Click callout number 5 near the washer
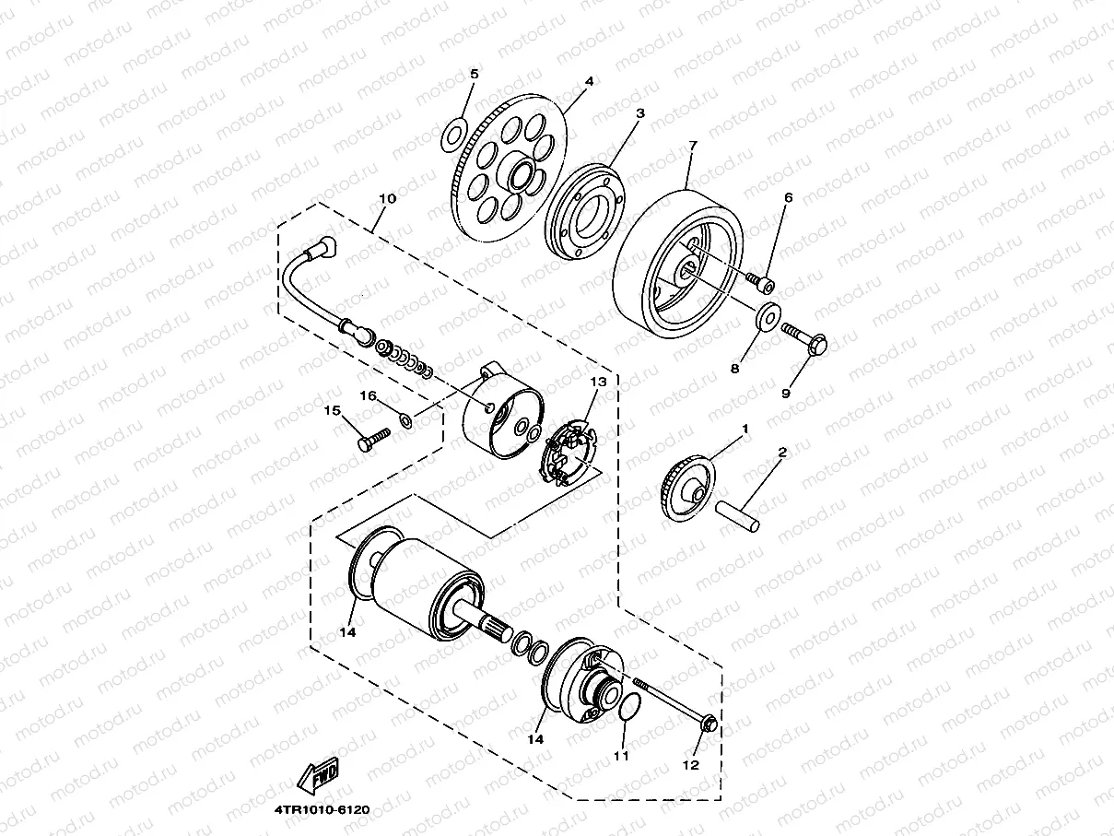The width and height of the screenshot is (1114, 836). pyautogui.click(x=475, y=74)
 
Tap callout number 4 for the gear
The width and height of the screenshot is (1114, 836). pyautogui.click(x=589, y=81)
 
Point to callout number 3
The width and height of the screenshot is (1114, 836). pyautogui.click(x=639, y=113)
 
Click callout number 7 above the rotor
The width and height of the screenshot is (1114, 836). pyautogui.click(x=692, y=146)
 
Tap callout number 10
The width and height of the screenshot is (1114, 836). pyautogui.click(x=387, y=198)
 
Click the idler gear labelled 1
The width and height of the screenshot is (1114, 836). pyautogui.click(x=687, y=487)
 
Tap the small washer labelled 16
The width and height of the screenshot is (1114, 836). pyautogui.click(x=406, y=420)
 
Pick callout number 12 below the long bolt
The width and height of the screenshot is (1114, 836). pyautogui.click(x=690, y=764)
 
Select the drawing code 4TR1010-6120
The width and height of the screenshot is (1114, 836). pyautogui.click(x=321, y=810)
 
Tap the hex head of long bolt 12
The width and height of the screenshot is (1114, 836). pyautogui.click(x=708, y=725)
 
